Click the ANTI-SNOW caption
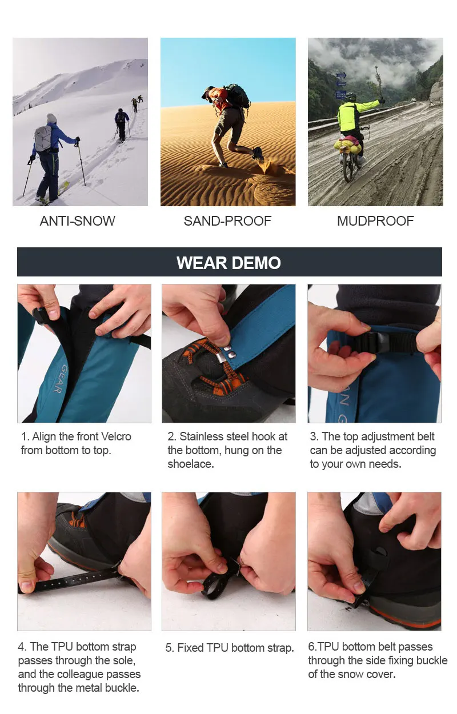77,221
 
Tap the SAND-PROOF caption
227,221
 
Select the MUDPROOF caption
375,221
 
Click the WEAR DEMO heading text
229,263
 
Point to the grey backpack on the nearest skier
43,138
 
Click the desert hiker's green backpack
238,95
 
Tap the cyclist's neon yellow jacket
354,115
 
